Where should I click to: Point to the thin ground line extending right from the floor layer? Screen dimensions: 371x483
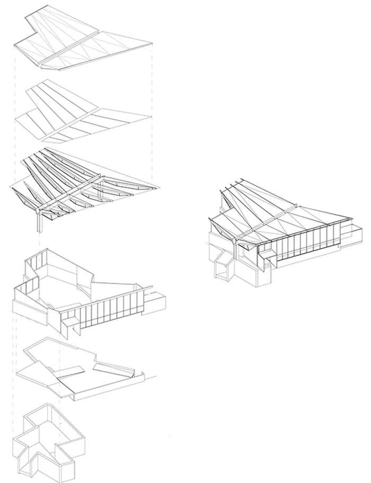[151, 377]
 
